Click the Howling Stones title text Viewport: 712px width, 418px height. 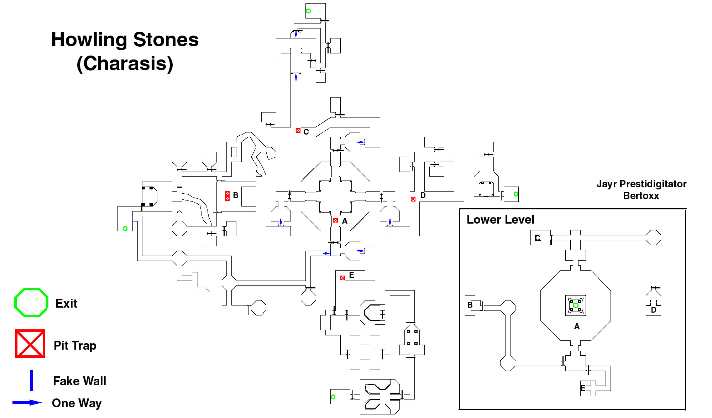click(x=125, y=40)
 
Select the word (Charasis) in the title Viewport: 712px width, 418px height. click(x=125, y=64)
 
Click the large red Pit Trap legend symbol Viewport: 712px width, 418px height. click(x=30, y=344)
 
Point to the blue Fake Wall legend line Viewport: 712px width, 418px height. click(x=31, y=380)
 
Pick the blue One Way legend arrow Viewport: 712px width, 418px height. click(x=27, y=403)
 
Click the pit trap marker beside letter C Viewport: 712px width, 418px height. click(x=298, y=131)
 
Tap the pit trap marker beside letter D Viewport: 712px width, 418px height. click(x=413, y=199)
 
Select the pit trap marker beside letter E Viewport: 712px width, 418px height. click(x=342, y=278)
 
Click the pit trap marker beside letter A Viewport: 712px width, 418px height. click(x=335, y=220)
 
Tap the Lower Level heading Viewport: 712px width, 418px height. click(x=501, y=220)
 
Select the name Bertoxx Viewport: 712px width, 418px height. click(x=641, y=196)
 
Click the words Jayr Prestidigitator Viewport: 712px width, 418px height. click(x=642, y=184)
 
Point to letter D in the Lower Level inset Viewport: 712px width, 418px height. click(x=654, y=310)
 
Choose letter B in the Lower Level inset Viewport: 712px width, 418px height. click(x=470, y=305)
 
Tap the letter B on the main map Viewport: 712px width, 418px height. click(x=236, y=195)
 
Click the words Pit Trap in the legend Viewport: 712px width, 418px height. click(x=75, y=346)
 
